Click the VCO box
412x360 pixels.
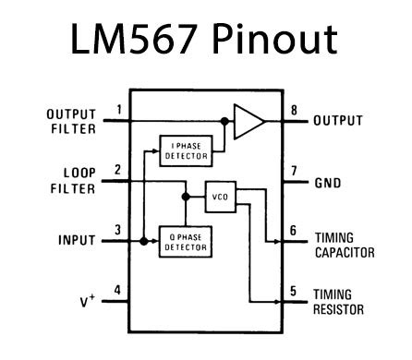(220, 196)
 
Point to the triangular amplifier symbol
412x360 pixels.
(248, 121)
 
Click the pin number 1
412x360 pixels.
(118, 112)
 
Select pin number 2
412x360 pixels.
(118, 171)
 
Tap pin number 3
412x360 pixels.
(118, 231)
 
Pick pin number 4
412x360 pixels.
(118, 291)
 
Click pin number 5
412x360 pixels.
(293, 291)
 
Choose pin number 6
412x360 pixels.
(293, 231)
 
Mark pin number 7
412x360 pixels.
(293, 171)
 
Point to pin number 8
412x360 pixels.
(293, 112)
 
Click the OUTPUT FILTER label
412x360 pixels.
(71, 121)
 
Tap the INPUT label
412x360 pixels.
(78, 241)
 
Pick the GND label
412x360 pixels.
(328, 182)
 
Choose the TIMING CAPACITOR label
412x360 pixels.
(344, 245)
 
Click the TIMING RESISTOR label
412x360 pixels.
(339, 302)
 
